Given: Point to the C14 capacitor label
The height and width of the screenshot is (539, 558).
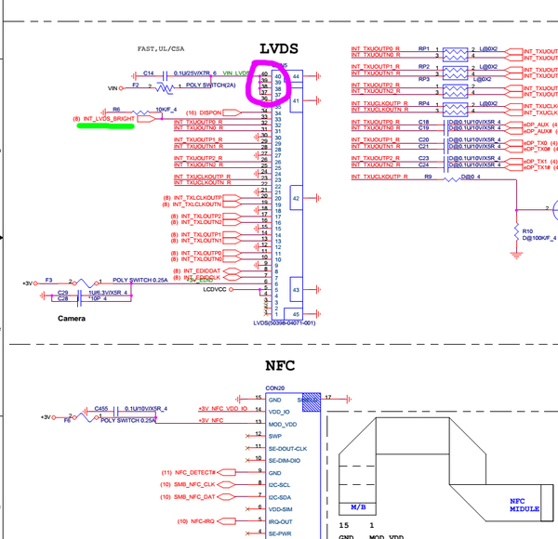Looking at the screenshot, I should click(x=149, y=72).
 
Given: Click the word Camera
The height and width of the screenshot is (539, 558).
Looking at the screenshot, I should click(x=71, y=318).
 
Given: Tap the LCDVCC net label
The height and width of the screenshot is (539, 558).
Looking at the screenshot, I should click(x=215, y=289).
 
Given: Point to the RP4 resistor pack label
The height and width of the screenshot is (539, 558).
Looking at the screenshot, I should click(x=424, y=103).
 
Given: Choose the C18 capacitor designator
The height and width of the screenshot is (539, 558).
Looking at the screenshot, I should click(x=423, y=122).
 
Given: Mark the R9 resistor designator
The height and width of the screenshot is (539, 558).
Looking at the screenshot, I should click(x=428, y=176).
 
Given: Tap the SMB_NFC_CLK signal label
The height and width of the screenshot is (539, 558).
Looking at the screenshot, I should click(x=194, y=485).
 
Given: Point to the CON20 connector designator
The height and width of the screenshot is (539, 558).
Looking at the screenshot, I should click(x=275, y=388).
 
